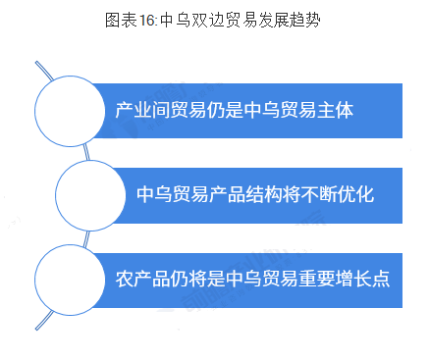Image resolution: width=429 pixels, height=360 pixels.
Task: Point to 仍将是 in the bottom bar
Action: [193, 279]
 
